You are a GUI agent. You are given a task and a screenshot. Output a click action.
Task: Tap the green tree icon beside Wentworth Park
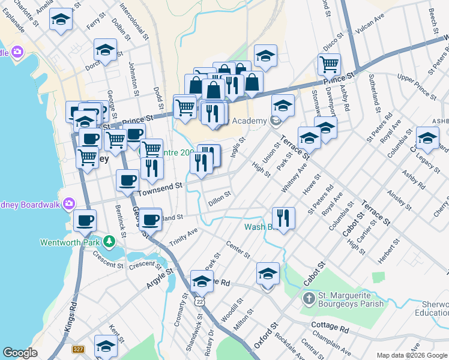pyautogui.click(x=109, y=242)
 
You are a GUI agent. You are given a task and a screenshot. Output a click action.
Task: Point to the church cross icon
pyautogui.click(x=309, y=298)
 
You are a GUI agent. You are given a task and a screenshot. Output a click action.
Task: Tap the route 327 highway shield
pyautogui.click(x=78, y=349)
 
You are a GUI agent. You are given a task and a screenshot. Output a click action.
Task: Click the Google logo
pyautogui.click(x=20, y=353)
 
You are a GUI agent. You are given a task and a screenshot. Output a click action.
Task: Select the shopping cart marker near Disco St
pyautogui.click(x=330, y=64)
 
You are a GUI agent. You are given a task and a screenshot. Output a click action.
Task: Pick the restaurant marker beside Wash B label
pyautogui.click(x=283, y=218)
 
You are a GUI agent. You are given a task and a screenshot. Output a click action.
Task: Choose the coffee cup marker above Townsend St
pyautogui.click(x=127, y=179)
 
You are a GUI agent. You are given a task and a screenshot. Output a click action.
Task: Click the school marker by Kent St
pyautogui.click(x=106, y=346)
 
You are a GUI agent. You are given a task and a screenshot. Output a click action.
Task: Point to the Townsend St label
pyautogui.click(x=160, y=188)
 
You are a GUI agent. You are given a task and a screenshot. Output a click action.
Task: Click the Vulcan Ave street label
pyautogui.click(x=371, y=22)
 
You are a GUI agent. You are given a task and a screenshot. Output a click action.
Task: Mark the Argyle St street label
pyautogui.click(x=160, y=278)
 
